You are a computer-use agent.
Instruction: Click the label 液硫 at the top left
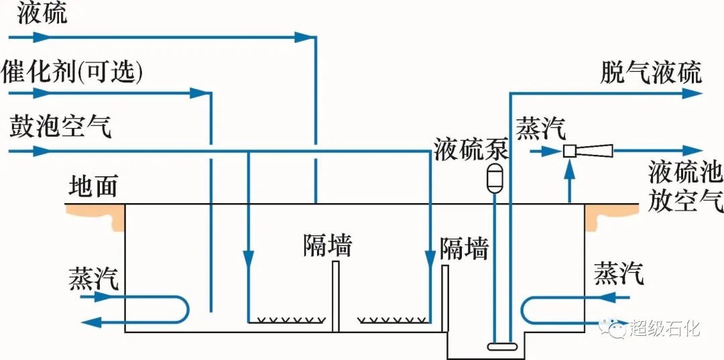coord(42,13)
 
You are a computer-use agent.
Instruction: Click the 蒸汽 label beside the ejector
coord(540,128)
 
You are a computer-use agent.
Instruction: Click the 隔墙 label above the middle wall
coord(326,245)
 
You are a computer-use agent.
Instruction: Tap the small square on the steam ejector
coord(569,152)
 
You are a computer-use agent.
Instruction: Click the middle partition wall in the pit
coord(335,296)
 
